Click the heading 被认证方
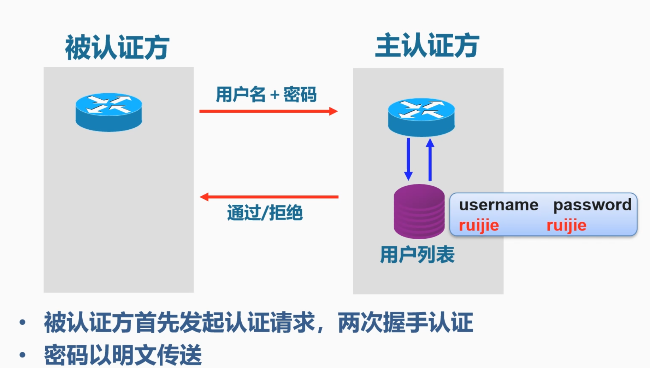[117, 47]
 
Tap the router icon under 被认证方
[109, 112]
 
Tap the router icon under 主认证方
[421, 117]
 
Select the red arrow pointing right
[268, 111]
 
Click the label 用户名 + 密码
[266, 95]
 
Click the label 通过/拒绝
[265, 213]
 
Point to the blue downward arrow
[408, 159]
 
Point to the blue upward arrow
[430, 159]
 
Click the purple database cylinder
[419, 211]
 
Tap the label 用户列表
[417, 255]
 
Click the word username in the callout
[498, 205]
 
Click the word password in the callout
[592, 205]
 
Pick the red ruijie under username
[479, 225]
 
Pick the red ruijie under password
[566, 225]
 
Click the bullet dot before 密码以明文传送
[23, 355]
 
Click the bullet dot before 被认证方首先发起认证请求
[23, 322]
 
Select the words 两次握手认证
[405, 322]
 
